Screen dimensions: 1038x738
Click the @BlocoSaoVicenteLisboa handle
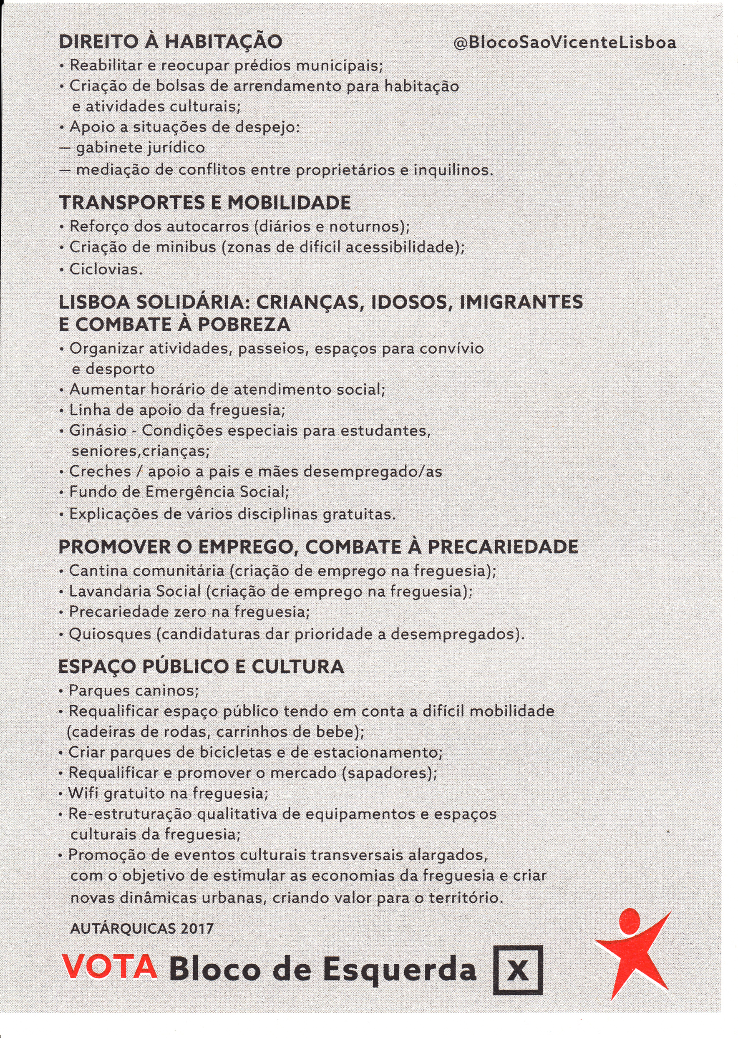click(565, 43)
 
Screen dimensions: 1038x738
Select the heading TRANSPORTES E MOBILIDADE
click(205, 203)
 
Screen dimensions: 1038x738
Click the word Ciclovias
click(106, 270)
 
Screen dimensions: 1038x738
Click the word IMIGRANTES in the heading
click(521, 302)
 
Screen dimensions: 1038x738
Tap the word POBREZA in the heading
click(244, 325)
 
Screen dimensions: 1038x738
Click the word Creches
click(93, 472)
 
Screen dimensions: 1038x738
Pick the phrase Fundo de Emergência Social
click(178, 492)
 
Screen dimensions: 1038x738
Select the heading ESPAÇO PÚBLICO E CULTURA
click(202, 667)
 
